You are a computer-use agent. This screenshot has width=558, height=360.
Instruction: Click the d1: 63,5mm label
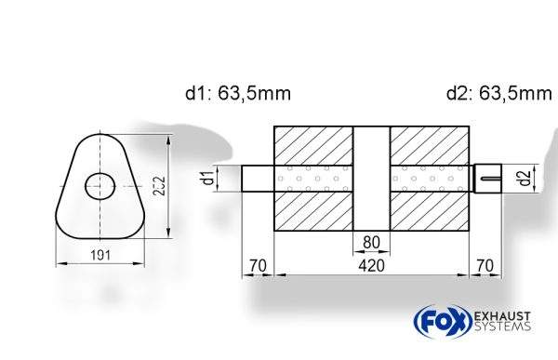pos(238,93)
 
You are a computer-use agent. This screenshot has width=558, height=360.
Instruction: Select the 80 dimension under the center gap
pos(372,245)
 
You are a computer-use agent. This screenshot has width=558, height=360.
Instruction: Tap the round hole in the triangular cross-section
pos(97,186)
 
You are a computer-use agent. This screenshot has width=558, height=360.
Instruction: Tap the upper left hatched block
pos(313,144)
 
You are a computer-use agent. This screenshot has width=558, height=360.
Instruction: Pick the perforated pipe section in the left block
pos(313,178)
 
